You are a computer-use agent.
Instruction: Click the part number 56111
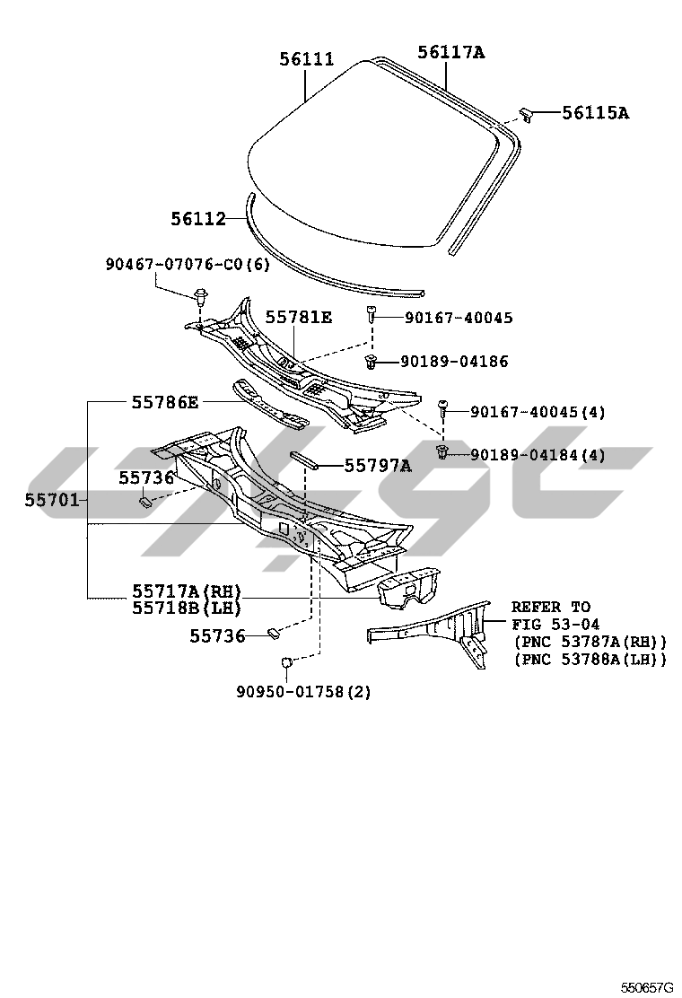306,59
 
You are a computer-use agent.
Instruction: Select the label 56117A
450,52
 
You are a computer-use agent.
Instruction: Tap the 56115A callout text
595,112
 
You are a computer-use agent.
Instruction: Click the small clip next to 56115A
527,113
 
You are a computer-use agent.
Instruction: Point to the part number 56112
198,218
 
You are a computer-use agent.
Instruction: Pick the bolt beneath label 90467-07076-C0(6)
201,295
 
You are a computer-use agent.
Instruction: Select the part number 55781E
299,317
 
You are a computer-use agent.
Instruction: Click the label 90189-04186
454,362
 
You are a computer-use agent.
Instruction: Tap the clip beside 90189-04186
371,361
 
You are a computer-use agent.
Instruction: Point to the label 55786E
165,401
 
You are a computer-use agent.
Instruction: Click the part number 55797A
365,465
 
